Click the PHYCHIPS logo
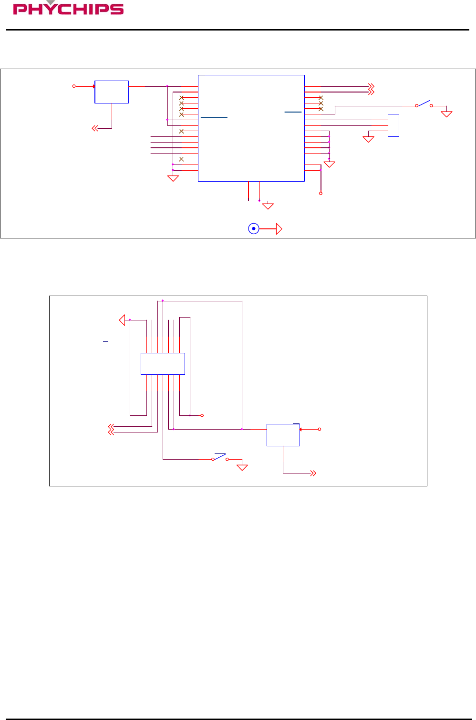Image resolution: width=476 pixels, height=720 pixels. (68, 9)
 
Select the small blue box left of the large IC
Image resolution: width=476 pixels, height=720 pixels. (112, 92)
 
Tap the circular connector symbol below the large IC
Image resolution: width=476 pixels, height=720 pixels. (254, 229)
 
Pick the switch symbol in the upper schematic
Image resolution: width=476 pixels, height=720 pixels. (424, 104)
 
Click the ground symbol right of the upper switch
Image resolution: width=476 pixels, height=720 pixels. (446, 114)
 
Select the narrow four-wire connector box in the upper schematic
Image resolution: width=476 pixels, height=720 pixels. (393, 125)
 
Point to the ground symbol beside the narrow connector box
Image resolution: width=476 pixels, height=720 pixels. (368, 139)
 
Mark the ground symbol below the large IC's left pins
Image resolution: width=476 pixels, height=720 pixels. (173, 178)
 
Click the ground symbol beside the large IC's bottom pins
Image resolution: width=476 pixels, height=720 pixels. (268, 206)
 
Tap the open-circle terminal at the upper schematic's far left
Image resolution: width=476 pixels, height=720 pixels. (74, 86)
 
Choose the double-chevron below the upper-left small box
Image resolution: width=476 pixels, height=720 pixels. (95, 128)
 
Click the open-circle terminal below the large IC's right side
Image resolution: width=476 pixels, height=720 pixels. (321, 193)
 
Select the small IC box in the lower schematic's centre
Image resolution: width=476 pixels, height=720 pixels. (163, 364)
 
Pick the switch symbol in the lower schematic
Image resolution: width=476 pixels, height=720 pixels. (220, 457)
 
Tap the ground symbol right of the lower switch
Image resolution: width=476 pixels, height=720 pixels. (242, 467)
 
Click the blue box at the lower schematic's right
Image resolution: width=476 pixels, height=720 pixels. (283, 435)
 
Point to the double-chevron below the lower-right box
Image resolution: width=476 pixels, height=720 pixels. (313, 473)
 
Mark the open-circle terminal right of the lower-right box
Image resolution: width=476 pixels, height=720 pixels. (320, 429)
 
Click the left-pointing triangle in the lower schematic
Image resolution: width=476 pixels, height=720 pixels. (122, 319)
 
